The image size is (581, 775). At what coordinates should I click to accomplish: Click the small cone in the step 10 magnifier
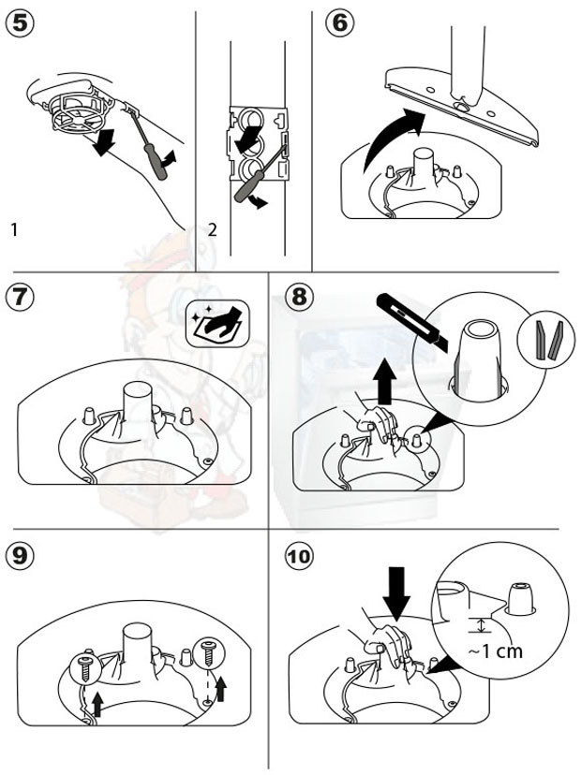[x=517, y=597]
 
